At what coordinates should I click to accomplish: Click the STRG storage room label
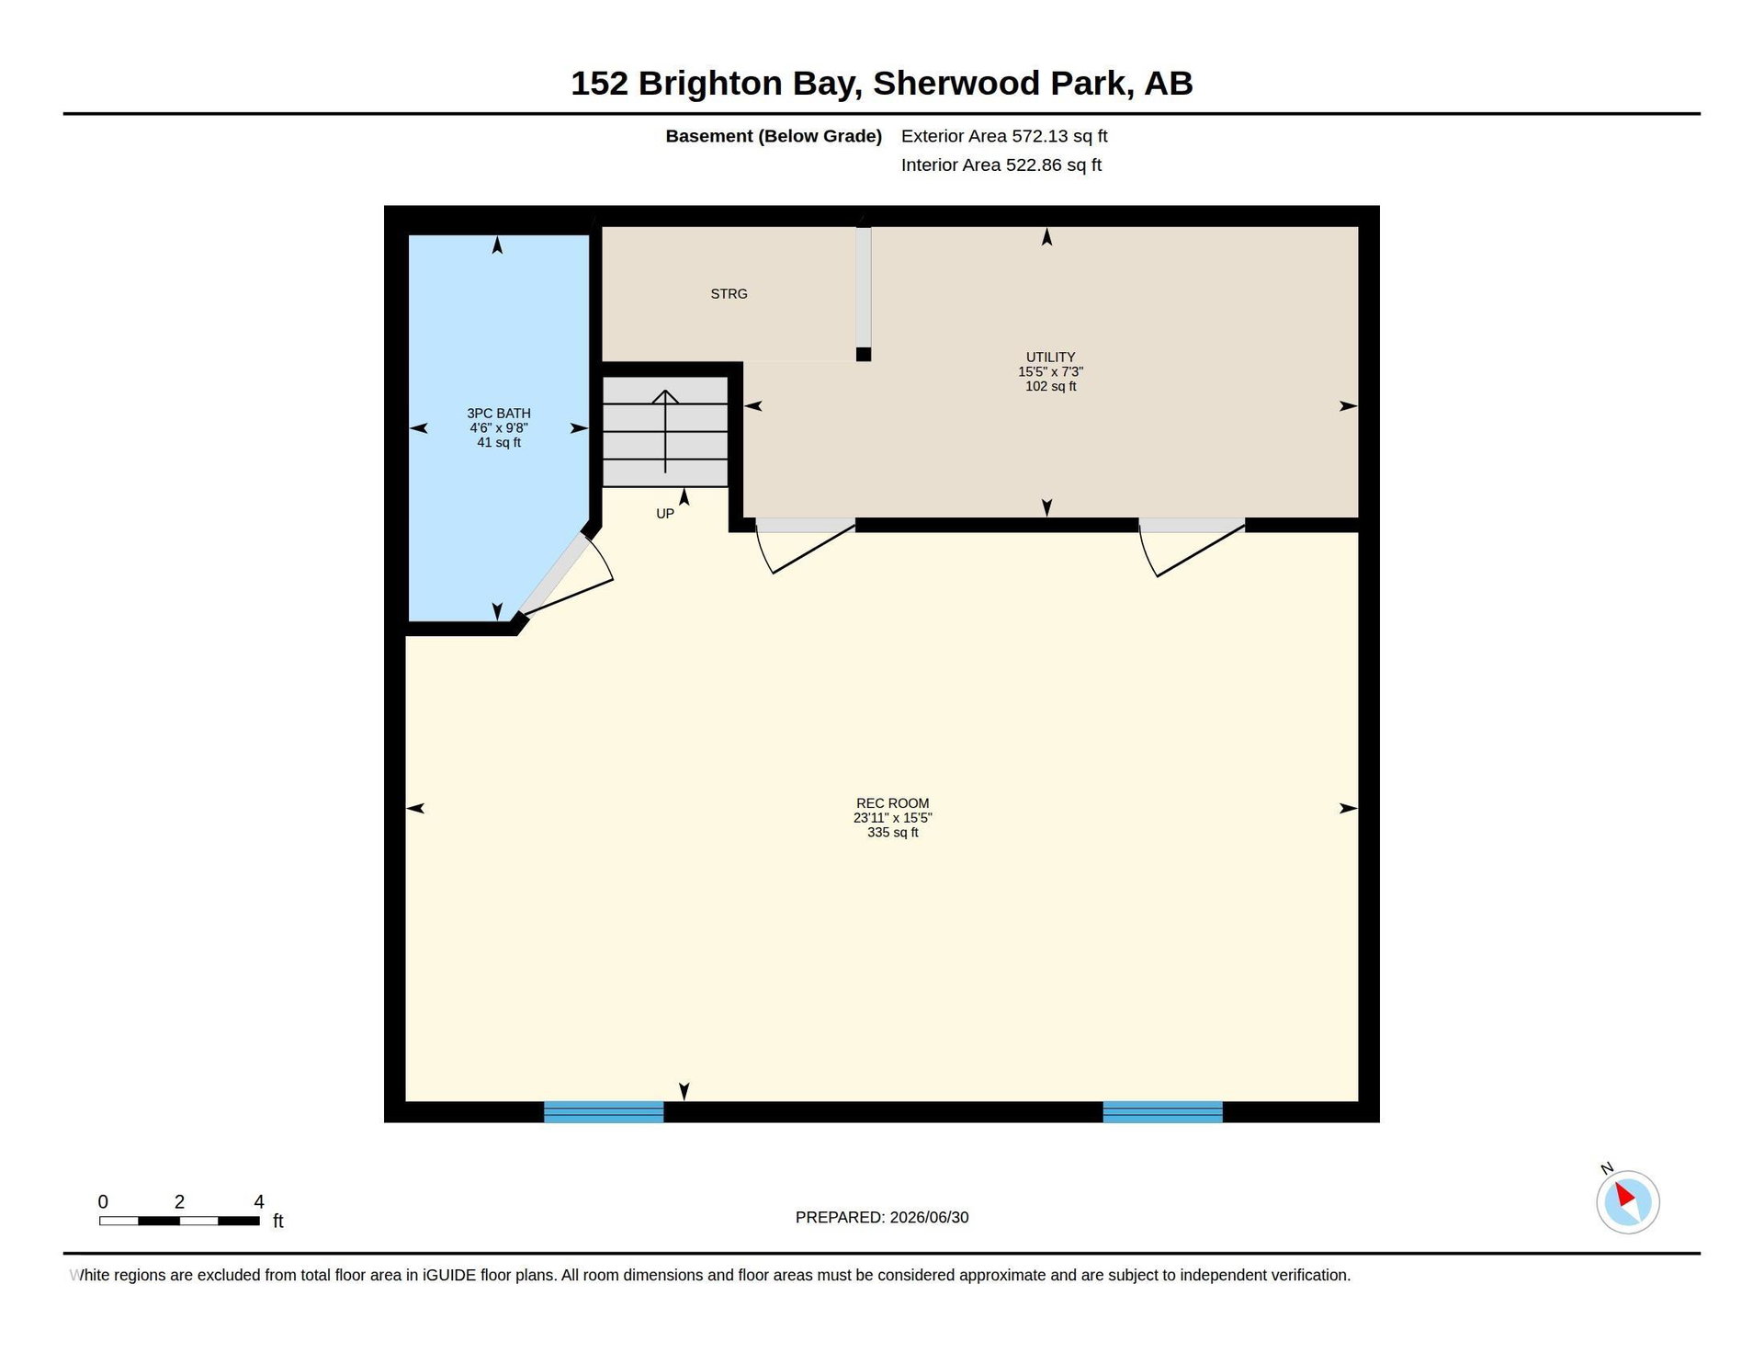(x=729, y=294)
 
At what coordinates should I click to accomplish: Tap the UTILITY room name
(x=1050, y=357)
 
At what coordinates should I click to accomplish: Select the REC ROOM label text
(x=892, y=803)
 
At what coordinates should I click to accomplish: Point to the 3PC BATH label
(x=499, y=414)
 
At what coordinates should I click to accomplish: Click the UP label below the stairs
(x=665, y=514)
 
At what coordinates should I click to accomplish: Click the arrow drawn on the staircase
(x=665, y=431)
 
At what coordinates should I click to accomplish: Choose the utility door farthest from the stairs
(x=1192, y=547)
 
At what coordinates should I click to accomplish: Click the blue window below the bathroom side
(x=604, y=1111)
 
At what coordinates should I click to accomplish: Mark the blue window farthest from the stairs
(x=1162, y=1111)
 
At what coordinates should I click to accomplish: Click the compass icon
(x=1627, y=1201)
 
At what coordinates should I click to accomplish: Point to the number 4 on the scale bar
(x=259, y=1202)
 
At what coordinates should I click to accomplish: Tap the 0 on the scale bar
(x=103, y=1202)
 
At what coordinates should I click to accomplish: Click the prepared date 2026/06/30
(x=929, y=1218)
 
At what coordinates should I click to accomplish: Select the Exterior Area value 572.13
(x=1040, y=136)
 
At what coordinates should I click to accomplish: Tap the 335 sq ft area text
(x=892, y=833)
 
